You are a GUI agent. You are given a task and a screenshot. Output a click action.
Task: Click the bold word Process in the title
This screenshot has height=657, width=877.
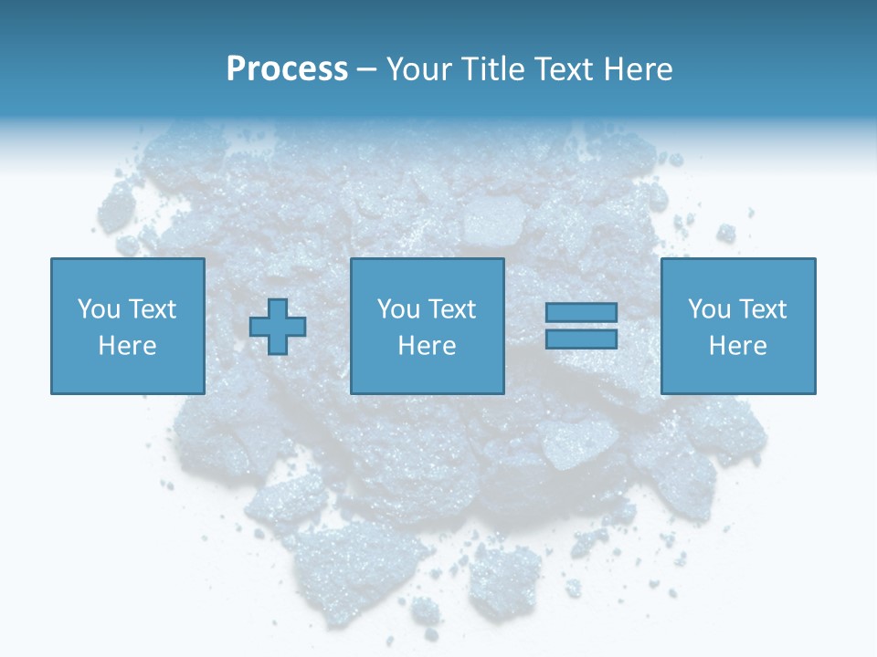point(287,69)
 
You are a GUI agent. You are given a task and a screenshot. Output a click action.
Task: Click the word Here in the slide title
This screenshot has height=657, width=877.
point(641,69)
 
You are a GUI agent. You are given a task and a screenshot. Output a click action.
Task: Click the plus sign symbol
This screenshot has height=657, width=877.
point(278,327)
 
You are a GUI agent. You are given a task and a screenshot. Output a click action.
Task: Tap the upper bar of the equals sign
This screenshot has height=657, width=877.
point(581,313)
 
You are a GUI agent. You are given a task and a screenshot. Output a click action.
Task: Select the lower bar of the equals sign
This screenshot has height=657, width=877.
point(581,339)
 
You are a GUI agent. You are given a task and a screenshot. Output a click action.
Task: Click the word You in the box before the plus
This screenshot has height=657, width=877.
point(98,309)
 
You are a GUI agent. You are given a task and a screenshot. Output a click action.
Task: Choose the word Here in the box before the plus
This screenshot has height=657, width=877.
point(127,346)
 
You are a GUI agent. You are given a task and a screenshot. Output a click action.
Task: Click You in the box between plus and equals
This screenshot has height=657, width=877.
point(397,309)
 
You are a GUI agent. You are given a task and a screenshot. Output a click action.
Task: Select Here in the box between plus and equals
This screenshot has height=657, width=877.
point(427,346)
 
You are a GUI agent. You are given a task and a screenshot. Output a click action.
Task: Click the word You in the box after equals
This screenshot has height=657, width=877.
point(708,309)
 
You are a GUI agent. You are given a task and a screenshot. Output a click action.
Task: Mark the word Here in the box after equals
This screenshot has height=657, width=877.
point(737,346)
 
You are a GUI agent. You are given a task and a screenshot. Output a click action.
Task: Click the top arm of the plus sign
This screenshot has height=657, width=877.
point(278,308)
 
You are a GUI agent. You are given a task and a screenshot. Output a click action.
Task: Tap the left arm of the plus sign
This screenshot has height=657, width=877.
point(259,327)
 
